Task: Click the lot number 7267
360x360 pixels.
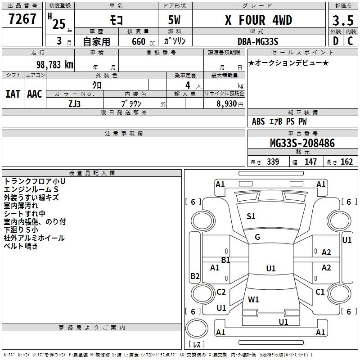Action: coord(22,19)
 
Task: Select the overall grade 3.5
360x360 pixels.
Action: coord(343,21)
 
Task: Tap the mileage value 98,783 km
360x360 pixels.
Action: coord(55,65)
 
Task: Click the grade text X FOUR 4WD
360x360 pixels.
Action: coord(258,20)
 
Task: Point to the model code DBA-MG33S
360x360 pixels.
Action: coord(258,41)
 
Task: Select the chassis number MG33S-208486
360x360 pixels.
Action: coord(302,143)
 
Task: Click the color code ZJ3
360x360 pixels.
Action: coord(74,104)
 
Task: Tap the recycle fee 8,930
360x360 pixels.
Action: coord(226,103)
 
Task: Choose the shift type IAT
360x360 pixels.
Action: coord(13,94)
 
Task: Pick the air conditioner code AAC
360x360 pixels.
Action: coord(35,94)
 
